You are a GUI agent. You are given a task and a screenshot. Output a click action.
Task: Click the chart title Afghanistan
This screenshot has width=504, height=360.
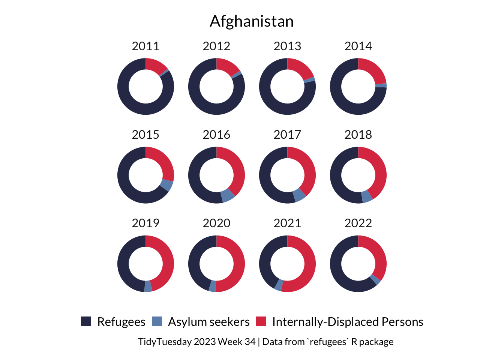[x=252, y=21]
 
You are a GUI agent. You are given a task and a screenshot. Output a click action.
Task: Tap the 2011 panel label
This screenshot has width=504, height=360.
[x=145, y=46]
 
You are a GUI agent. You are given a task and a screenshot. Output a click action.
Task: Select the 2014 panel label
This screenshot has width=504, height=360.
[x=358, y=46]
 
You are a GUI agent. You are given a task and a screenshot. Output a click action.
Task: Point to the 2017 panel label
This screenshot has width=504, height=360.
[x=287, y=135]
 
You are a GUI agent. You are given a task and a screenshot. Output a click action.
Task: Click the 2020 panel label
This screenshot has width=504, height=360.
[x=216, y=223]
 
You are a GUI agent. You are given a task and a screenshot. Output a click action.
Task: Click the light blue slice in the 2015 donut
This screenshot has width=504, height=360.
[x=166, y=185]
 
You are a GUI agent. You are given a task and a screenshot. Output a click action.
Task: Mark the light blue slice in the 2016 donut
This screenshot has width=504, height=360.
[x=228, y=195]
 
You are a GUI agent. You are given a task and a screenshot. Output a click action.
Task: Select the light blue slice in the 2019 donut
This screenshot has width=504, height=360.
[x=148, y=286]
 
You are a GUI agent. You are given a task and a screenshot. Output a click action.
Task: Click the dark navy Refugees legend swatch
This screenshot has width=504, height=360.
[x=86, y=321]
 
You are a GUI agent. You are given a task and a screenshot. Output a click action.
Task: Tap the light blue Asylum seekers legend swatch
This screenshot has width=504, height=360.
[x=157, y=321]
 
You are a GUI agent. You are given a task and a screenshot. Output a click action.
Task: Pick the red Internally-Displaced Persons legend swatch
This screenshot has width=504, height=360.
[x=261, y=321]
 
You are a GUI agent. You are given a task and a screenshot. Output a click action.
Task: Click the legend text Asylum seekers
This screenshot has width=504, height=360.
[x=208, y=322]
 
